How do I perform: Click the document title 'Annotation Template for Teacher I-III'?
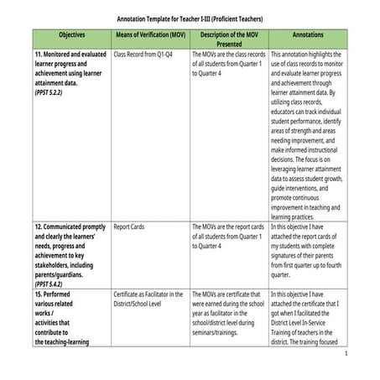click(x=189, y=18)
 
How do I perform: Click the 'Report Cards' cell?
click(x=133, y=226)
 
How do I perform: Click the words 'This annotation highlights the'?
click(x=308, y=54)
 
